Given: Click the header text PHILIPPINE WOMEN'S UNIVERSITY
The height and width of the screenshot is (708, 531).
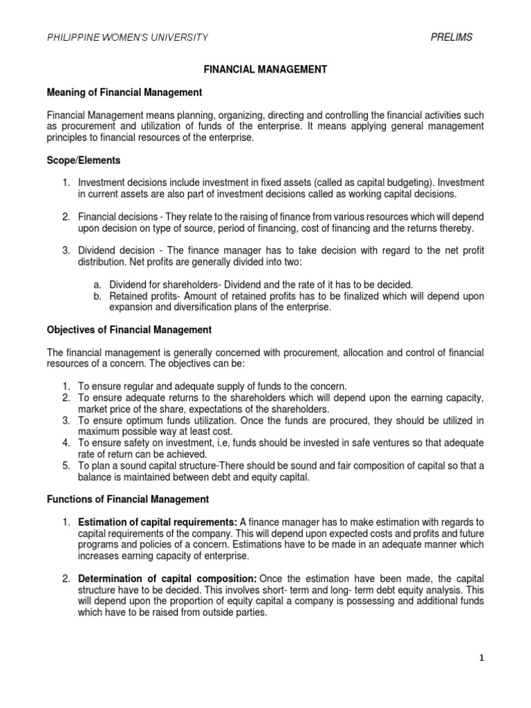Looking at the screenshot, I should point(127,37).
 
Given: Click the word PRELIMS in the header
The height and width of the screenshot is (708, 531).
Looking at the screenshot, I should point(451,37).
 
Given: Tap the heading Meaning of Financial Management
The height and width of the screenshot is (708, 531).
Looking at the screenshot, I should point(124,92).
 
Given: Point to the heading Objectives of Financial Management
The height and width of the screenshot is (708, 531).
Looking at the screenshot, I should point(129,330).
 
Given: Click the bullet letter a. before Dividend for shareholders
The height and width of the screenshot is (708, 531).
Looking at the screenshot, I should point(97,285).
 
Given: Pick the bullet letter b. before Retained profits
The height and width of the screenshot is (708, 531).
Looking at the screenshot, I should point(97,296).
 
